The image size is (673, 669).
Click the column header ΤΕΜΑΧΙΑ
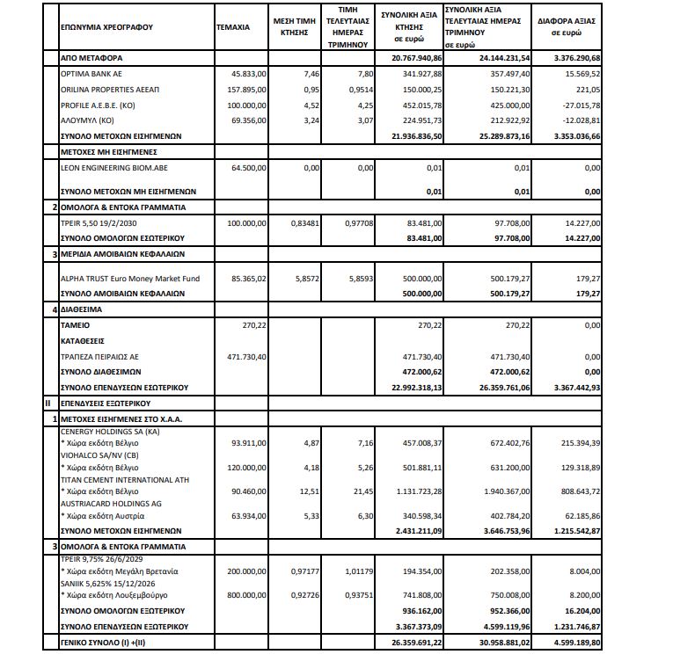pos(233,27)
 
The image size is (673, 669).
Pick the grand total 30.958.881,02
pos(499,644)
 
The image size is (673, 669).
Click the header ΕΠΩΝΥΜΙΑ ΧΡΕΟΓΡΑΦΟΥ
pos(106,27)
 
